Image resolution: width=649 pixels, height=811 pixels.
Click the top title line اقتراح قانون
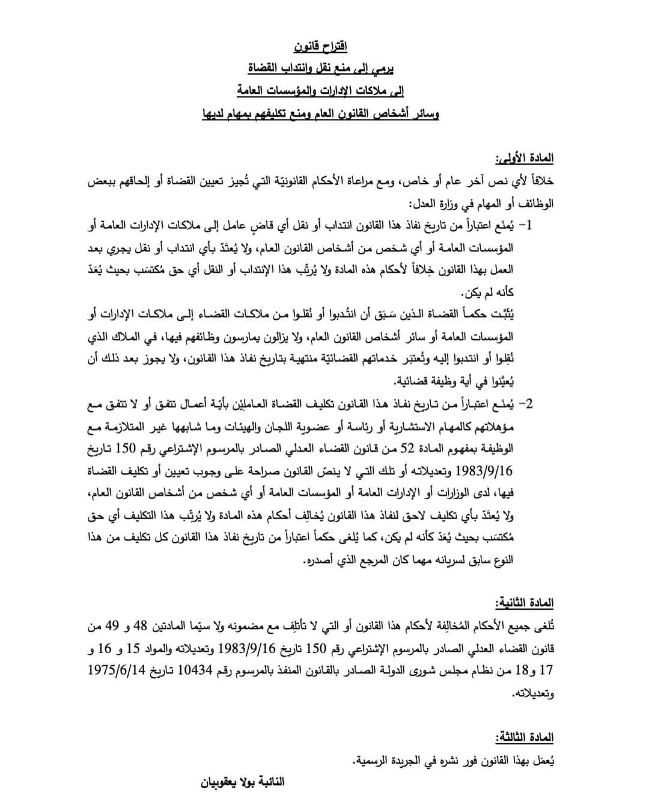320,46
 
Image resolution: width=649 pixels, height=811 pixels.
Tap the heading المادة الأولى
524,159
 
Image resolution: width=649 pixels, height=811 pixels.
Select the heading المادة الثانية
524,603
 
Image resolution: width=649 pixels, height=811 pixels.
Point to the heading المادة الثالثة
524,737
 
